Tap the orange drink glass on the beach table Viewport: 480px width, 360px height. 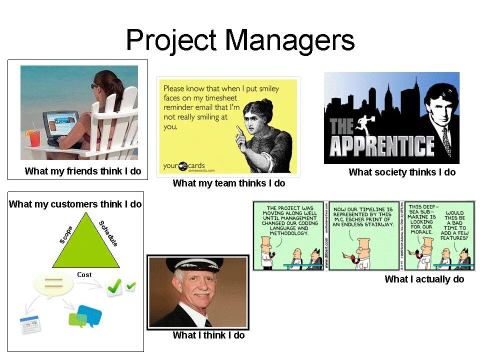pyautogui.click(x=34, y=137)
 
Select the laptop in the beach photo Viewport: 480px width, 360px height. pyautogui.click(x=59, y=125)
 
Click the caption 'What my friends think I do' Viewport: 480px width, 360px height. pyautogui.click(x=83, y=171)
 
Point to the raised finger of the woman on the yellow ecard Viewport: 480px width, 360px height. pyautogui.click(x=239, y=131)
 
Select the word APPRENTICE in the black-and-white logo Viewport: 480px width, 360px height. pyautogui.click(x=381, y=146)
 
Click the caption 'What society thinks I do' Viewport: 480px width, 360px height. pyautogui.click(x=402, y=172)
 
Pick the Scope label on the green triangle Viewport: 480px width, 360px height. pyautogui.click(x=66, y=235)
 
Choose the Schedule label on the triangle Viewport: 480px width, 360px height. pyautogui.click(x=108, y=233)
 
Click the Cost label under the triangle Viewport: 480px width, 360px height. pyautogui.click(x=84, y=274)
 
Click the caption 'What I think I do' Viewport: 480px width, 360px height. pyautogui.click(x=208, y=335)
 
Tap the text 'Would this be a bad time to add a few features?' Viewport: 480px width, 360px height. pyautogui.click(x=454, y=225)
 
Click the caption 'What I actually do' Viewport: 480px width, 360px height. pyautogui.click(x=424, y=279)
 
